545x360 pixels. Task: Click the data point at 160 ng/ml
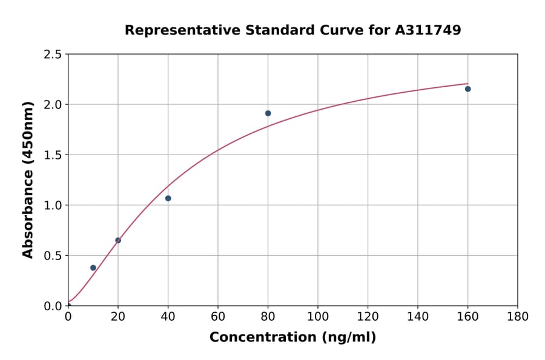click(467, 89)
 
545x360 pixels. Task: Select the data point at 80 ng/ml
click(268, 113)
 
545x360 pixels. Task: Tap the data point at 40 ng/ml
click(168, 198)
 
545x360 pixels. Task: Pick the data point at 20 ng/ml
click(118, 241)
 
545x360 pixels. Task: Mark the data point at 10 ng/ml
click(93, 268)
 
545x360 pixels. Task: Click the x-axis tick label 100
click(318, 316)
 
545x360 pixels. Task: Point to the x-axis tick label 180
click(518, 316)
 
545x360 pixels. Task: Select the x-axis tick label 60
click(218, 316)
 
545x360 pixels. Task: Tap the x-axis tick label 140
click(418, 316)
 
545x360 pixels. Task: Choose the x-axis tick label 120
click(368, 316)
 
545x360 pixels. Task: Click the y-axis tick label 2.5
click(53, 55)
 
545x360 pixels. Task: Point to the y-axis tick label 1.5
click(53, 155)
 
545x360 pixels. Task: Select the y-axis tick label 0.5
click(53, 256)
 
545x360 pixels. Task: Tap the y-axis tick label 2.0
click(53, 105)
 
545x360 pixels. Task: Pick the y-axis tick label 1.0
click(53, 205)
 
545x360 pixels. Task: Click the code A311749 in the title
click(428, 30)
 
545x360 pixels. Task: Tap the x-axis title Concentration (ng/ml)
click(292, 338)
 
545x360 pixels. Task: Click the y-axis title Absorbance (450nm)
click(28, 179)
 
